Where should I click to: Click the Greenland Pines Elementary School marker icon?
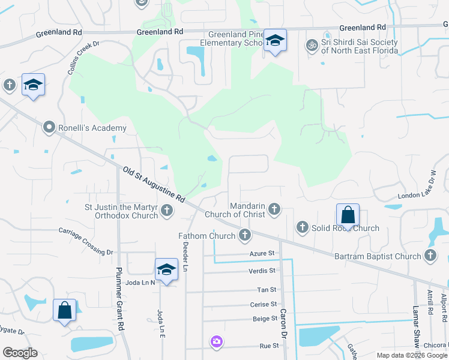[x=275, y=41]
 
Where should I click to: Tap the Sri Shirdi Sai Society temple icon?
[x=312, y=44]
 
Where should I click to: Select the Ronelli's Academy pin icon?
[x=49, y=127]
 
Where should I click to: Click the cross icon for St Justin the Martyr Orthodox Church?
[x=167, y=210]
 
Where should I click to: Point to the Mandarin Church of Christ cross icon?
[x=274, y=209]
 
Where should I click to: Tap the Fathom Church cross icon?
[x=244, y=235]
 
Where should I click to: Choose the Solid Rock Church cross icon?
[x=302, y=227]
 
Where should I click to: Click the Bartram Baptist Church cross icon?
[x=430, y=256]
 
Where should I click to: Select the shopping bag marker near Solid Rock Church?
[x=348, y=215]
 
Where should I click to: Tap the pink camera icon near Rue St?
[x=216, y=341]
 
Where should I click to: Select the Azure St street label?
[x=262, y=254]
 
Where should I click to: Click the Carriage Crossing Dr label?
[x=86, y=241]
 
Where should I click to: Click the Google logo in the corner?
[x=20, y=353]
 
